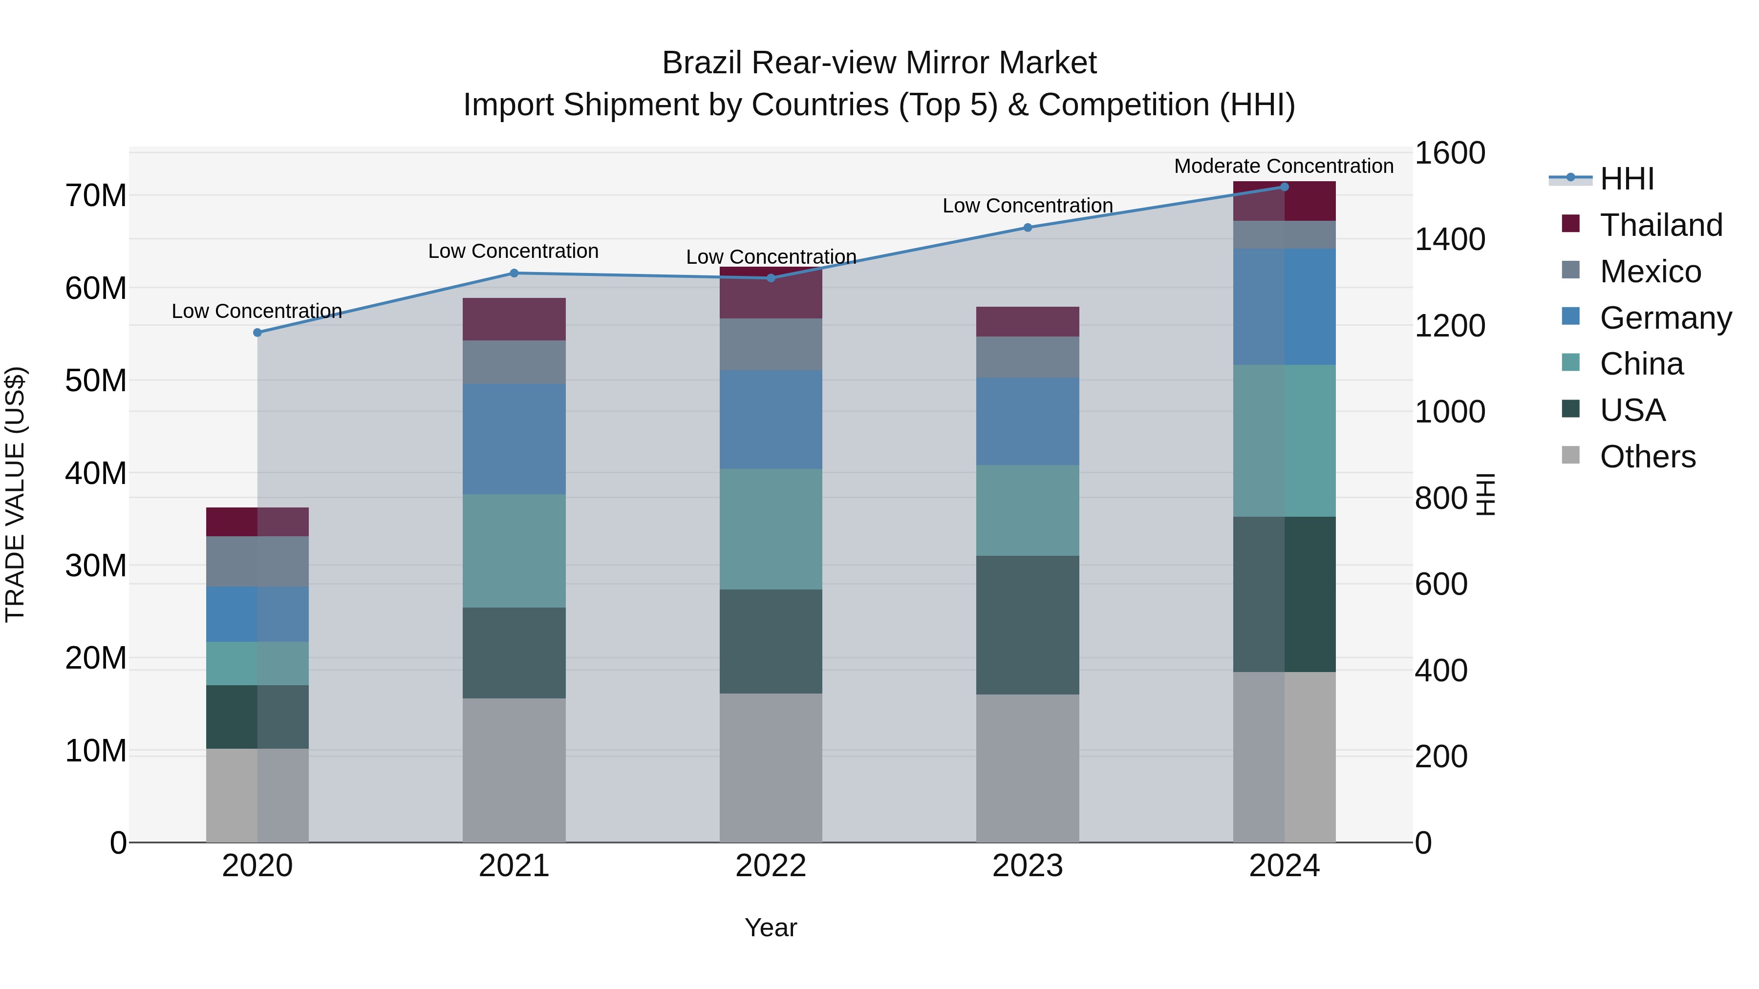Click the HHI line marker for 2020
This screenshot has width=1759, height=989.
point(257,333)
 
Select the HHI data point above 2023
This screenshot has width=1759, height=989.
point(1028,227)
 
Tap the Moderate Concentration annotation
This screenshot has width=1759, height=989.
point(1283,166)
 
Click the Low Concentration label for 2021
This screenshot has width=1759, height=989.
point(513,251)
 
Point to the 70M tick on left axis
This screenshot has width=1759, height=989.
point(96,196)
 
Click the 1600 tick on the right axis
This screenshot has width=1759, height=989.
point(1449,153)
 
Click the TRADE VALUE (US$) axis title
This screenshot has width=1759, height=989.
point(16,494)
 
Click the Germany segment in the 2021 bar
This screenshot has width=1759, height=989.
point(514,439)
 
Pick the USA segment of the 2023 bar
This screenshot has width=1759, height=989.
point(1027,625)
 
